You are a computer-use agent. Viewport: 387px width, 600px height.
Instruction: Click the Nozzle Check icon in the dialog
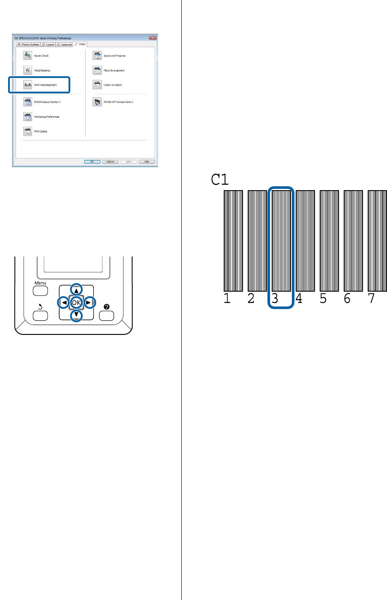pos(28,56)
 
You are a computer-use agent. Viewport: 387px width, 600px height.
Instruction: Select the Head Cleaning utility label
pos(42,71)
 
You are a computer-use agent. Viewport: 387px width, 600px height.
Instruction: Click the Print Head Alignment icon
pos(28,85)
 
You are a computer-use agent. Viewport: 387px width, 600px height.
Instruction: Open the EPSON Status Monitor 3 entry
pos(47,102)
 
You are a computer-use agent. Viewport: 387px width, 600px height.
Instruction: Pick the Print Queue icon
pos(28,131)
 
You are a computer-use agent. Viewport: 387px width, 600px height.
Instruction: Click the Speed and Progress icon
pos(97,56)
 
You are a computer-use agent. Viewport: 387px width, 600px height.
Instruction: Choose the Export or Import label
pos(113,85)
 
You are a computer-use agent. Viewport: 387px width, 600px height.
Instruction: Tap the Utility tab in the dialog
pos(80,44)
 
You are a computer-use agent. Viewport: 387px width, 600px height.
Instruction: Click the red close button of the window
pos(153,38)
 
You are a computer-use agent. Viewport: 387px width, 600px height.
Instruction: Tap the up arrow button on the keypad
pos(76,290)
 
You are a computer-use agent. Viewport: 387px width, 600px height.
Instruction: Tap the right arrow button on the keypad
pos(89,303)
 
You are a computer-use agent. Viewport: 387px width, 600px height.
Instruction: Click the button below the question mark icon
pos(107,316)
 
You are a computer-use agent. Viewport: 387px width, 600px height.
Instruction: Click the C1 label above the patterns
pos(220,179)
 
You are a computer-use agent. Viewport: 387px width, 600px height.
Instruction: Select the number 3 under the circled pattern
pos(275,298)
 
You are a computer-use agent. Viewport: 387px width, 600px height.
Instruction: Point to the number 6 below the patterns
pos(347,298)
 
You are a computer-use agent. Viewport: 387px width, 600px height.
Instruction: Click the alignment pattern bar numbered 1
pos(233,241)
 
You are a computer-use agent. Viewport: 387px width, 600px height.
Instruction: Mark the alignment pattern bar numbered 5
pos(329,241)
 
